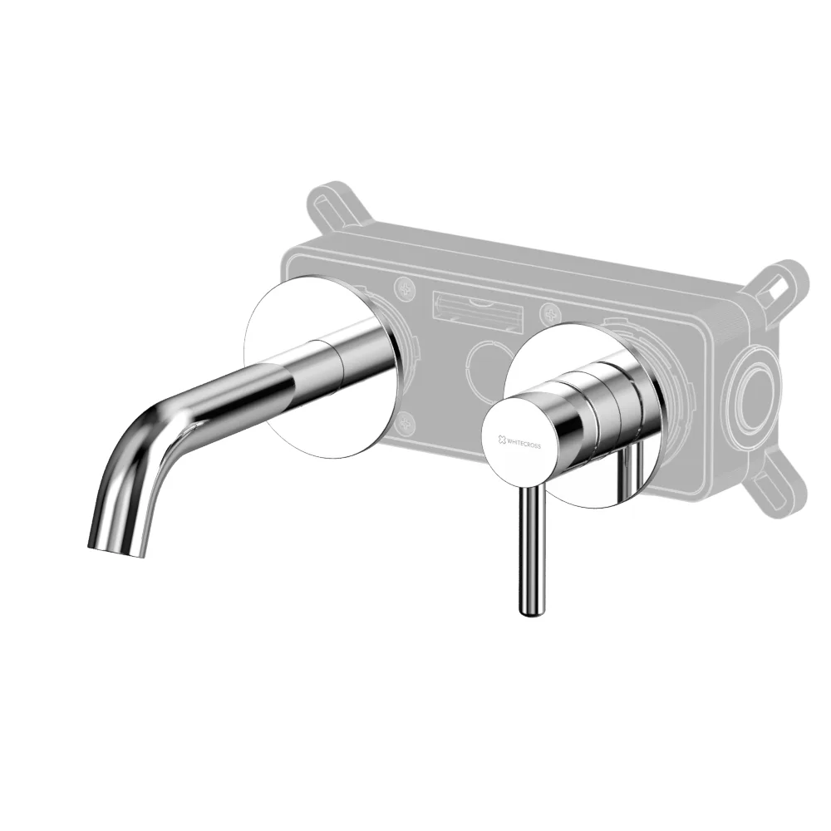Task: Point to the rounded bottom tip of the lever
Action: click(x=532, y=612)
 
